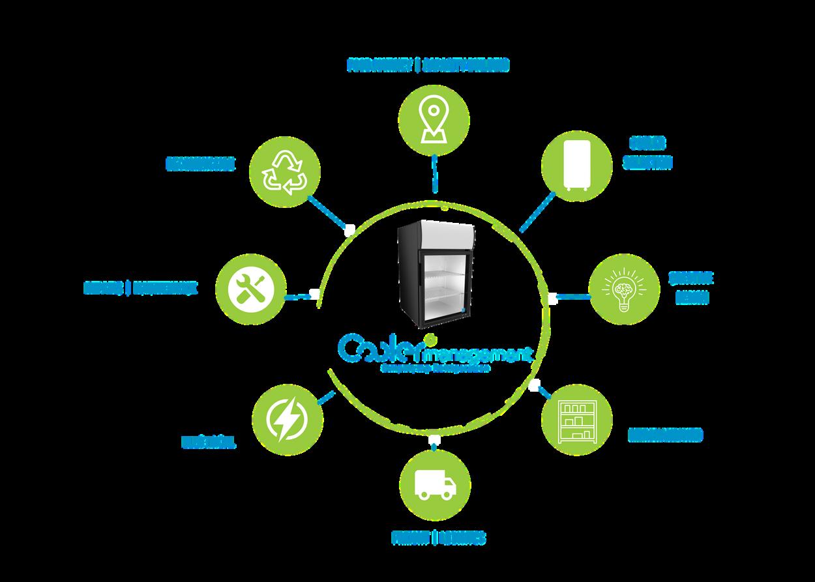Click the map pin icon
(434, 117)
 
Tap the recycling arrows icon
(285, 171)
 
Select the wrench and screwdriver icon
(250, 289)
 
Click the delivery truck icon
(434, 486)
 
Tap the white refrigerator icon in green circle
(577, 165)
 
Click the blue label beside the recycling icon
(200, 163)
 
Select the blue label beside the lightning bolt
(208, 443)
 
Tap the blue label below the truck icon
(438, 538)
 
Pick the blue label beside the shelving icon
(665, 435)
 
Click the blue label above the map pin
(428, 65)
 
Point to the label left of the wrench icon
(140, 287)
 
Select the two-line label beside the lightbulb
(691, 287)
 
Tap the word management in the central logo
(477, 356)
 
